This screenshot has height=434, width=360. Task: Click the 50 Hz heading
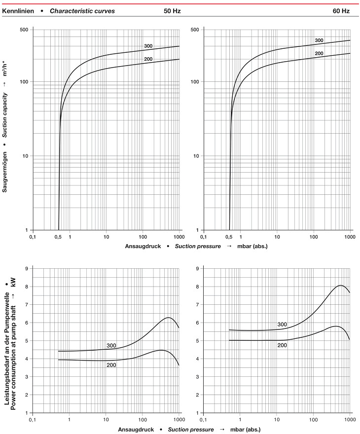coord(172,11)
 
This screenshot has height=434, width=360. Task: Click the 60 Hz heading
coord(342,11)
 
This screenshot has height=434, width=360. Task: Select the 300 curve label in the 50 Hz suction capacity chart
coord(148,46)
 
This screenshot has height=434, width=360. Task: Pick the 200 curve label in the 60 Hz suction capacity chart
coord(319,53)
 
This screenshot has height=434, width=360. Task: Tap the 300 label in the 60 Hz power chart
coord(282,324)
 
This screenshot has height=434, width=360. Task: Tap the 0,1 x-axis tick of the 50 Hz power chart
coord(33,420)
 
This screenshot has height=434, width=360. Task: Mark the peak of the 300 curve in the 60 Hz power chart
coord(340,286)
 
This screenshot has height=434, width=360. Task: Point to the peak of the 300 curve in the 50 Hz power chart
coord(168,318)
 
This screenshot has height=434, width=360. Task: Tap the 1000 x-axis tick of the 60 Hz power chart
coord(350,420)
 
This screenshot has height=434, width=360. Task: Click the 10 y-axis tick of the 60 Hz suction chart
coord(195,156)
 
